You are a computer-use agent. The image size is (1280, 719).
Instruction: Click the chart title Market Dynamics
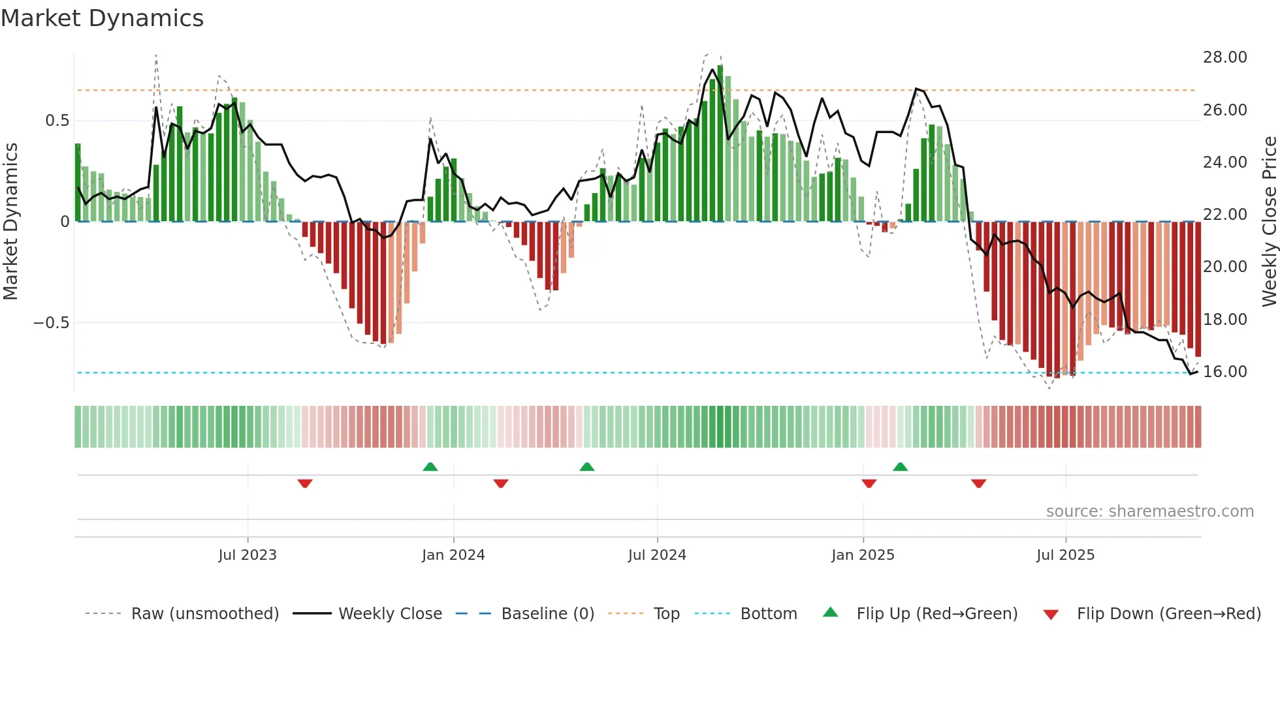103,18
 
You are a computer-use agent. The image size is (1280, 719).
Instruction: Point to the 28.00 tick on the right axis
1224,57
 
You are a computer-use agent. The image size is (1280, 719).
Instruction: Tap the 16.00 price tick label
1224,372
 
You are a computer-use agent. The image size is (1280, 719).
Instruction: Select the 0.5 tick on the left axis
57,121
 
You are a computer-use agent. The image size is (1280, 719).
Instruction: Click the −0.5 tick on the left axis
51,323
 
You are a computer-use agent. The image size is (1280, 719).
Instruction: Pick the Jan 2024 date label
453,555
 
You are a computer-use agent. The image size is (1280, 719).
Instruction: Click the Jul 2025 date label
1065,555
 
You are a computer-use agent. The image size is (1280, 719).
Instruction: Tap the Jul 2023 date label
248,555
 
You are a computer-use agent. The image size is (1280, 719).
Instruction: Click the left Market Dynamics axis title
10,222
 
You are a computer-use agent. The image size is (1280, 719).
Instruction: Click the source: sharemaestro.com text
1149,512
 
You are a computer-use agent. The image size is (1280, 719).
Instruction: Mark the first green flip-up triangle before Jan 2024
430,467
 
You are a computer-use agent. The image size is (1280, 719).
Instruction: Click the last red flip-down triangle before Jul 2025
978,483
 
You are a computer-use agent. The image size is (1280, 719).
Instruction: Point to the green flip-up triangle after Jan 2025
900,467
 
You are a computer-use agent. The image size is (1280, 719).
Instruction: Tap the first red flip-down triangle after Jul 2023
305,483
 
